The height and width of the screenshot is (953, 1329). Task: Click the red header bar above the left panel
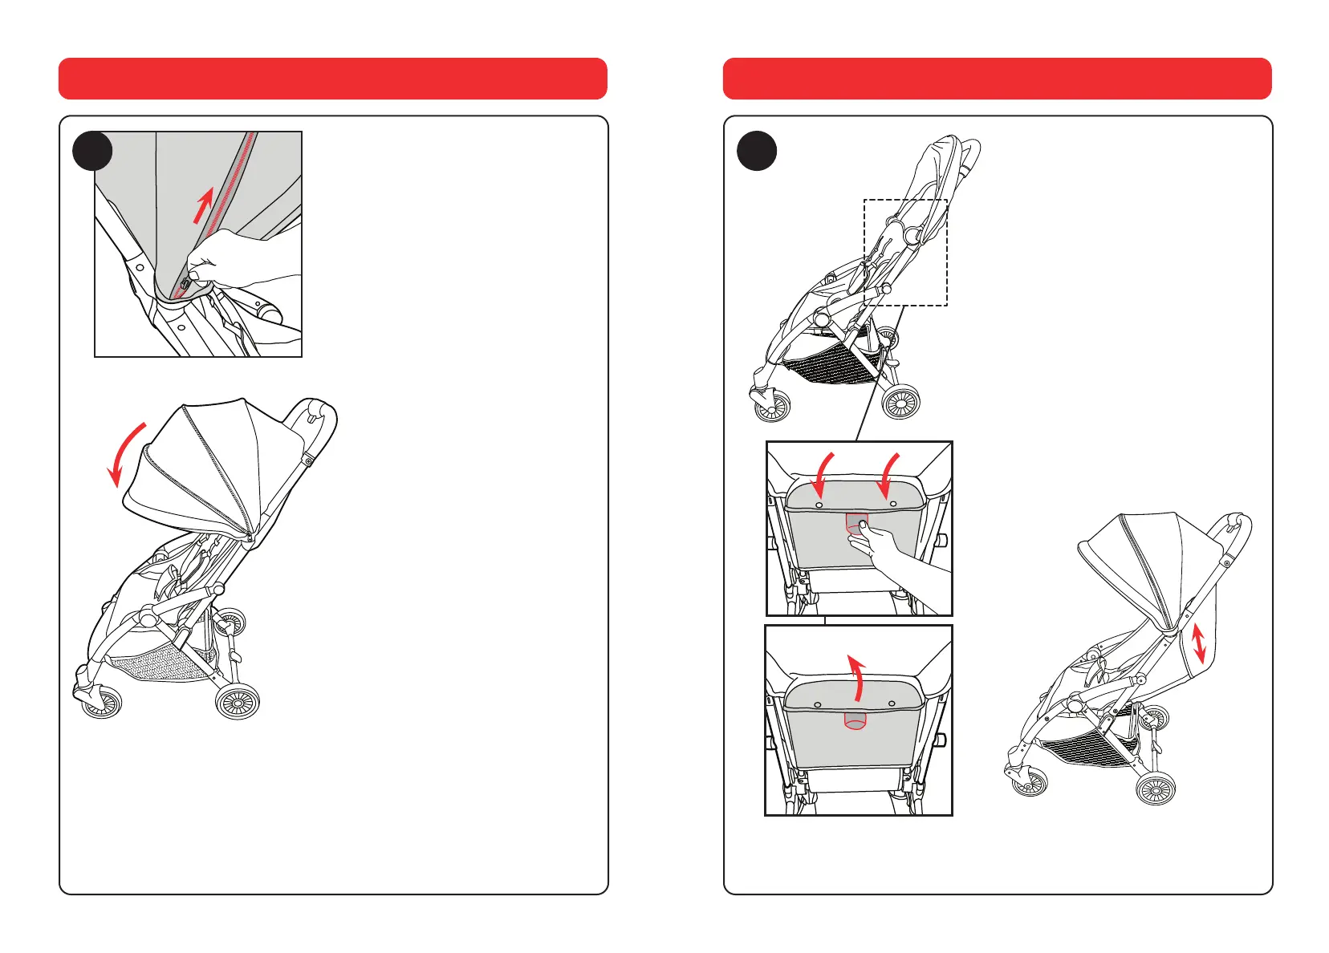[332, 79]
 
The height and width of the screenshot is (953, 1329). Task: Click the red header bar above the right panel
[997, 79]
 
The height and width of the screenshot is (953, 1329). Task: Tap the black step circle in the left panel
[92, 151]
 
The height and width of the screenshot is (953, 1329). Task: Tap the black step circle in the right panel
[757, 151]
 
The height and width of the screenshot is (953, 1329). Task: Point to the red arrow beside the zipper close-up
[204, 205]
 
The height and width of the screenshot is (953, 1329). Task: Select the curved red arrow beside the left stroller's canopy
[126, 453]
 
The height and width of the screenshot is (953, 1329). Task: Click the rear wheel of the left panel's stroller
[238, 703]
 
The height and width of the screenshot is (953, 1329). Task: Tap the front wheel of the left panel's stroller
[102, 702]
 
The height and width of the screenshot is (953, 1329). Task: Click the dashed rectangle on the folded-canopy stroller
[905, 252]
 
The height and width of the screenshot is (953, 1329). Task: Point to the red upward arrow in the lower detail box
[858, 677]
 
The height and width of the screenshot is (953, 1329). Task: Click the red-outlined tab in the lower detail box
[856, 720]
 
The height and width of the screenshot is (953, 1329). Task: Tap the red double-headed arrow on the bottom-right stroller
[1199, 643]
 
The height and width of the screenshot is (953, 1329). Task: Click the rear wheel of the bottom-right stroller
[1156, 789]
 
